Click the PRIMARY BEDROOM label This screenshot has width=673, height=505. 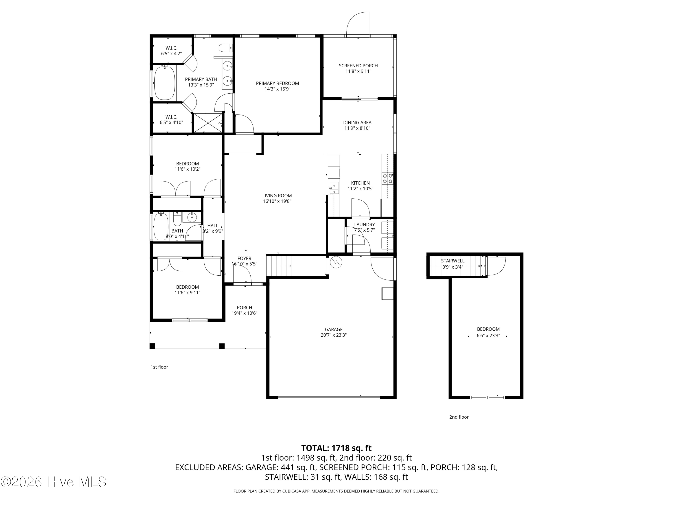(277, 83)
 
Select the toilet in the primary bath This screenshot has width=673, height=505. (225, 48)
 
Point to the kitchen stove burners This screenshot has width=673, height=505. (388, 178)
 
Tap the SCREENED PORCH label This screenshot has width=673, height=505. (358, 66)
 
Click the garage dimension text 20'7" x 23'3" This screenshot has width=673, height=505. (333, 335)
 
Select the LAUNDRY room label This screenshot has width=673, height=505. (364, 225)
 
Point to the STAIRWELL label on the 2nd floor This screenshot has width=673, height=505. (452, 261)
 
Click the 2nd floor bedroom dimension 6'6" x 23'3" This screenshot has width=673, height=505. (488, 336)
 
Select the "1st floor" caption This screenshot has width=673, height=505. (159, 367)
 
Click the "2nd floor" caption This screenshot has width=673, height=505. (459, 417)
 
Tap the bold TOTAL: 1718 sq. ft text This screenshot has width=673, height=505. (336, 448)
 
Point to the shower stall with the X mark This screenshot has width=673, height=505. (208, 123)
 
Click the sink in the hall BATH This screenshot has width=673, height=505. (192, 217)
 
